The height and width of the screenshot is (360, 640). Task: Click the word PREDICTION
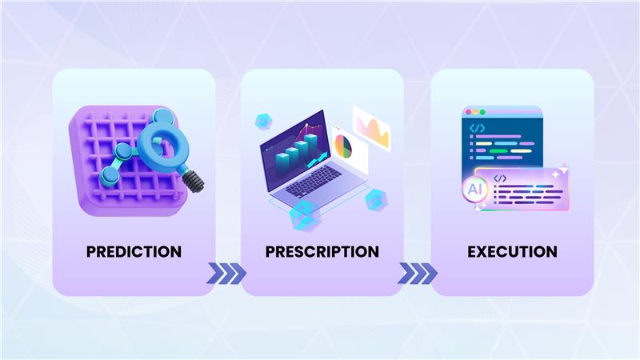(134, 251)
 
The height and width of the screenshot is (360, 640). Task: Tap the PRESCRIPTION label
(322, 251)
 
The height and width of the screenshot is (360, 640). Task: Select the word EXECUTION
(512, 251)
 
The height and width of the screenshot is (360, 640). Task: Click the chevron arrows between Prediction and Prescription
(226, 273)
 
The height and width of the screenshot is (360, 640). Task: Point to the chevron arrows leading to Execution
(417, 273)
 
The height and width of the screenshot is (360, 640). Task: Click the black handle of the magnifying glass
(194, 181)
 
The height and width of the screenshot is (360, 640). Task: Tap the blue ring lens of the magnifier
(163, 144)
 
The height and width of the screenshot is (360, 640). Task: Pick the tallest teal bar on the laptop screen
(310, 149)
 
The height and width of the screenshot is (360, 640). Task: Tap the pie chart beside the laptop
(343, 146)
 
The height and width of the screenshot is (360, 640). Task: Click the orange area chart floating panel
(372, 129)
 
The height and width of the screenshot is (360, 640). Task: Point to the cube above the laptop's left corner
(263, 122)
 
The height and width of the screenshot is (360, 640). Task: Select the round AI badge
(474, 190)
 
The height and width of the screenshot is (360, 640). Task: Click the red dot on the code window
(468, 112)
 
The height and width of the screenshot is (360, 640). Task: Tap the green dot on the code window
(482, 112)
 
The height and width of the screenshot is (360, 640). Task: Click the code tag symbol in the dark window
(477, 128)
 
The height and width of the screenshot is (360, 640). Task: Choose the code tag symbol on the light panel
(500, 178)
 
